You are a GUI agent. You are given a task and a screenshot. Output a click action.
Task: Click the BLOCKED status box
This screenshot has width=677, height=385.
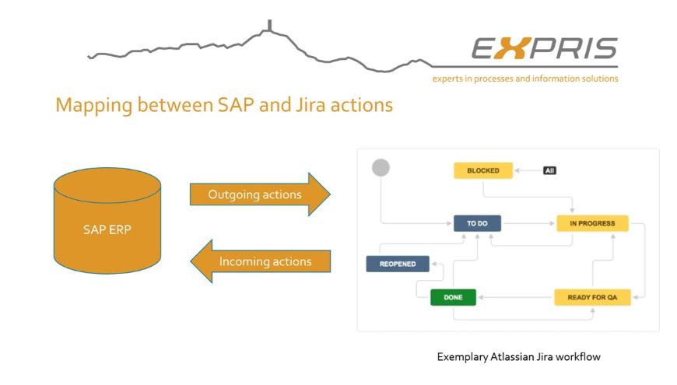point(482,170)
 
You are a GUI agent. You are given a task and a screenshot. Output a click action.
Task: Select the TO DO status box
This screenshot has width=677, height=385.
point(477,223)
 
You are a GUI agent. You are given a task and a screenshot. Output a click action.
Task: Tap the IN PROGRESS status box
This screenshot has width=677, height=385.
point(591,223)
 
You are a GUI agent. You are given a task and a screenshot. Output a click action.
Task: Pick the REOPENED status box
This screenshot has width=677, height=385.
point(397,264)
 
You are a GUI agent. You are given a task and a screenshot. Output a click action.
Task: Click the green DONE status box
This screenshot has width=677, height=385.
point(453,297)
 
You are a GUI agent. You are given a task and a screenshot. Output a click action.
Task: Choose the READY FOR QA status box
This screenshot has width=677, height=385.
point(591,297)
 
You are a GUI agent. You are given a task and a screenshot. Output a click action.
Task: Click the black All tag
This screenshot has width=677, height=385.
point(549,170)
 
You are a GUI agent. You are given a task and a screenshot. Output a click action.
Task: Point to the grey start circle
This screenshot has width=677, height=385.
point(381,167)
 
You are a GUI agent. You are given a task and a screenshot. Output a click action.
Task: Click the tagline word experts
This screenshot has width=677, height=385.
point(450,79)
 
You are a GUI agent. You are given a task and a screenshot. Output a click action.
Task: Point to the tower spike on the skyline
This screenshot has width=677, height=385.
point(269,26)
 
